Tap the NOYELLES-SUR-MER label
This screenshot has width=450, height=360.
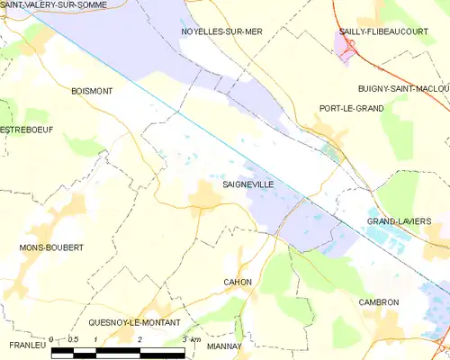point(221,31)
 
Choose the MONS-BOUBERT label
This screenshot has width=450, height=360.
point(51,247)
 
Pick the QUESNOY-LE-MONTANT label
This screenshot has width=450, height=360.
point(134,322)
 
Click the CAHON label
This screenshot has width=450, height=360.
point(237,282)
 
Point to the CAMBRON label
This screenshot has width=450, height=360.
point(378,302)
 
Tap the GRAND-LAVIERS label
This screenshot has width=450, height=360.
point(399,220)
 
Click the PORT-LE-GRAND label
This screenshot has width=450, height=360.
point(351,108)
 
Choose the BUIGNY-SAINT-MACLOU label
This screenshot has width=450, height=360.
point(403,87)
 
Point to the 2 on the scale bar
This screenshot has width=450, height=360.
point(140,338)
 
